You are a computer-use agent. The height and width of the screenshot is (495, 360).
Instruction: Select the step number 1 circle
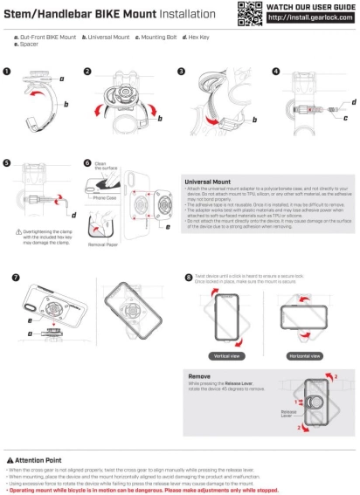coord(8,72)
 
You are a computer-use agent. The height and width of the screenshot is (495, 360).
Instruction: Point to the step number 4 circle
coord(276,72)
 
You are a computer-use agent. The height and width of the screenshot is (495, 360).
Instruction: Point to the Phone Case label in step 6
coord(106,198)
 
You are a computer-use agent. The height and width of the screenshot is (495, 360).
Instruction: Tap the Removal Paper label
coord(104,245)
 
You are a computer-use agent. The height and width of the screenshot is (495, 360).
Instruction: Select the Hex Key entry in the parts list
coord(197,38)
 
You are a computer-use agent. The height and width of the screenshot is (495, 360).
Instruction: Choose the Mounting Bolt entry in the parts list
coord(154,38)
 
